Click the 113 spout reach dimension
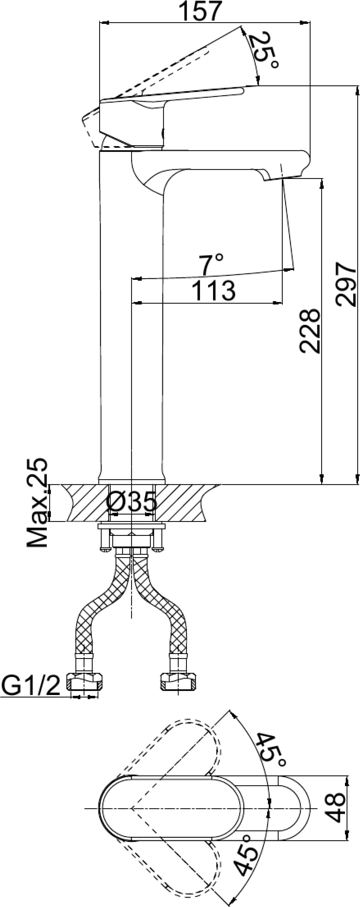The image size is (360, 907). (214, 291)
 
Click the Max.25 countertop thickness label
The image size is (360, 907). (37, 503)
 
